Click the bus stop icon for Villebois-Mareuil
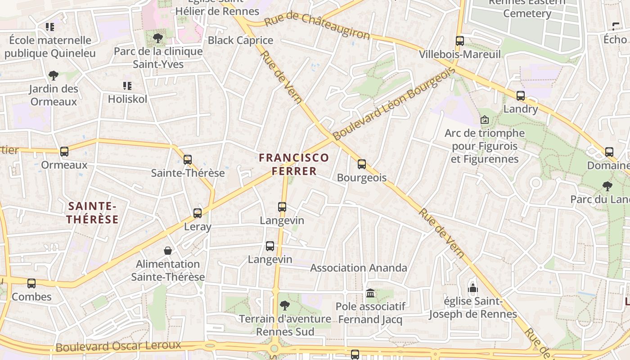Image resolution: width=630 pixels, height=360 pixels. coord(459,41)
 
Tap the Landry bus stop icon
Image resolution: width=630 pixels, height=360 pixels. coord(521,96)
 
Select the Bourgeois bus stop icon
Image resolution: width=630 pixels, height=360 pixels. coord(362,164)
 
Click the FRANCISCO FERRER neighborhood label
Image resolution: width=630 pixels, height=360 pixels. coord(294,164)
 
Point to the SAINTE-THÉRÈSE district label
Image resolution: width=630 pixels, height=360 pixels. coord(93,213)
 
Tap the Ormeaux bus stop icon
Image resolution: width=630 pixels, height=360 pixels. coord(64,152)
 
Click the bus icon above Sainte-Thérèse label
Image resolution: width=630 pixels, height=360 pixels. coord(188,160)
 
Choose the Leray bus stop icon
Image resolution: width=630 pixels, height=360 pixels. coord(198,213)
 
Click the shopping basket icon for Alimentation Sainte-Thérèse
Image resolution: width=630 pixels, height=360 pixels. coord(168,251)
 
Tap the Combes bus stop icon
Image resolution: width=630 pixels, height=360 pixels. coord(31,283)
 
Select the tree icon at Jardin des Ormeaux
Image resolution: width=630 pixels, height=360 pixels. coord(54,75)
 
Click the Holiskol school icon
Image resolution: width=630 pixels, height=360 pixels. coord(127,85)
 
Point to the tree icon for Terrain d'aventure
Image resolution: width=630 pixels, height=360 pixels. coord(284,306)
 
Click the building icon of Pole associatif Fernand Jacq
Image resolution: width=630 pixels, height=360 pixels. coord(370,293)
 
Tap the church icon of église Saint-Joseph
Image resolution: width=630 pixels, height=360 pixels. coord(473,288)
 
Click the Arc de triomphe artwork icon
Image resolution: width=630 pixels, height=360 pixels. coord(485,120)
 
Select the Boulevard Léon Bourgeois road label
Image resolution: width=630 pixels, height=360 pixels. coord(392,104)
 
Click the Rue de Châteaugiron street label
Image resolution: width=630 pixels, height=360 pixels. coord(317,26)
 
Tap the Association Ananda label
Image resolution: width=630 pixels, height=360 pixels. coord(358,268)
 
